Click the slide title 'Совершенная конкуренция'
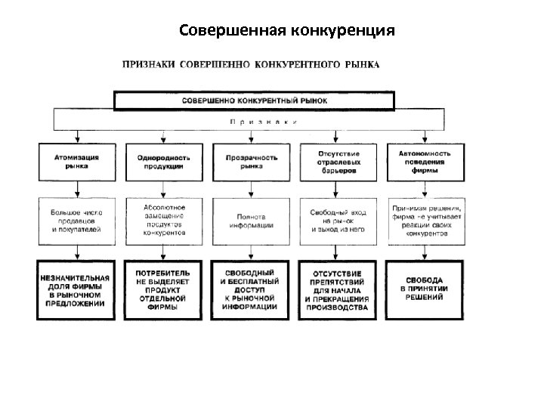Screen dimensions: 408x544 tap(287, 31)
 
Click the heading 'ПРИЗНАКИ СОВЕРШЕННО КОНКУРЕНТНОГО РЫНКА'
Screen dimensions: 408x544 tap(252, 64)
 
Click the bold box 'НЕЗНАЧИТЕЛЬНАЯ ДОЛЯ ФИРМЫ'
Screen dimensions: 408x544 tap(76, 290)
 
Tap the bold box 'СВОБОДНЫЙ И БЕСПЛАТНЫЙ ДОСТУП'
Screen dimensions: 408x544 tap(252, 290)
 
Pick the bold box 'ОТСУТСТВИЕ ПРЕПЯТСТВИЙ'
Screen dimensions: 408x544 tap(338, 290)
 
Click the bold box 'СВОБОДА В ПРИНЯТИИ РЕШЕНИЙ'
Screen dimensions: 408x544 tap(425, 290)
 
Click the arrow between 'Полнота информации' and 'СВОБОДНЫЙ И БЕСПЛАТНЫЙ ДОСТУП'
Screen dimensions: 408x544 tap(252, 252)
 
